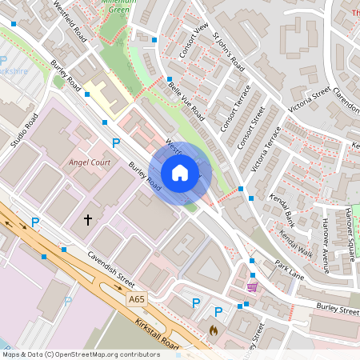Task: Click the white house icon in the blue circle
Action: pyautogui.click(x=180, y=172)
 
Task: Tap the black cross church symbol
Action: pyautogui.click(x=88, y=218)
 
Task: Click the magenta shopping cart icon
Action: pyautogui.click(x=253, y=286)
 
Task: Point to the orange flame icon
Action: pyautogui.click(x=213, y=329)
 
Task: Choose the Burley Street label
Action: pyautogui.click(x=337, y=306)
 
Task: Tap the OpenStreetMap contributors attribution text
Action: pyautogui.click(x=81, y=354)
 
